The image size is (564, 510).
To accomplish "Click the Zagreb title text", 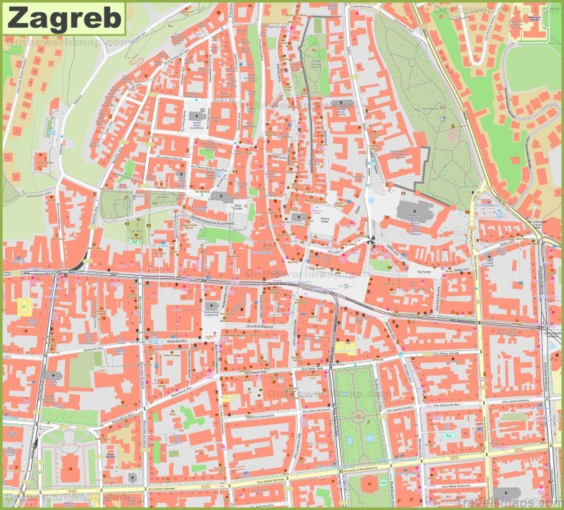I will click(x=64, y=18).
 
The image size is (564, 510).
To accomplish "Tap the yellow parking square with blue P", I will click(x=24, y=306).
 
